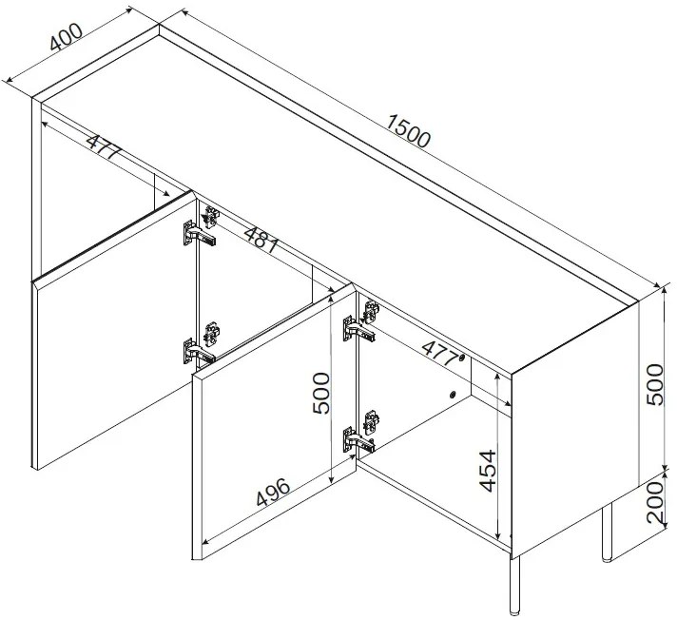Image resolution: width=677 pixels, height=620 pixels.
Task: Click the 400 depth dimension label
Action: tap(66, 36)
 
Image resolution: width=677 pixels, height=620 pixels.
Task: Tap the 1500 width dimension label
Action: tap(408, 130)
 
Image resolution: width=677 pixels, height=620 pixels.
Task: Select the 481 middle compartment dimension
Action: tap(261, 240)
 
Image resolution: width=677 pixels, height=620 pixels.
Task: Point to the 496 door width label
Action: tap(273, 492)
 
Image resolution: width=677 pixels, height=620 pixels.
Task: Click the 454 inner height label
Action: tap(488, 471)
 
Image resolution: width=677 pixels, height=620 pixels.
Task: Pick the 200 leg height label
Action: tap(654, 502)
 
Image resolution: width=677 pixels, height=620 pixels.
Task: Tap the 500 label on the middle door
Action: tap(320, 394)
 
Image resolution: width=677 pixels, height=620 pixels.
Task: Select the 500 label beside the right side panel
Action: tap(654, 384)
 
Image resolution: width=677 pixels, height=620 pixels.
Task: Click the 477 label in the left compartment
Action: tap(105, 146)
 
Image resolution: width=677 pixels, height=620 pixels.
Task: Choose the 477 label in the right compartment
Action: tap(439, 353)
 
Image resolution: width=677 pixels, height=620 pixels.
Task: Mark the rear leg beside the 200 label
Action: tap(607, 532)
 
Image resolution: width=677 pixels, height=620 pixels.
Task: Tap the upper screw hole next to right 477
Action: tap(462, 358)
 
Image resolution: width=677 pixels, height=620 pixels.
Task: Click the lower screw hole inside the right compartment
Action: tap(452, 394)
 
